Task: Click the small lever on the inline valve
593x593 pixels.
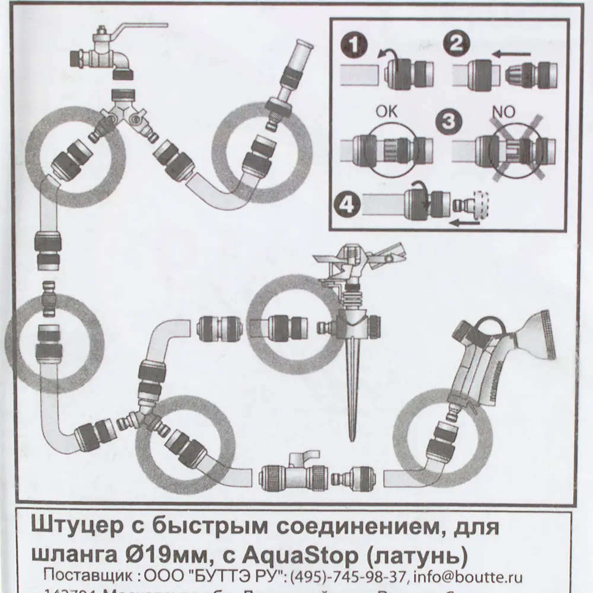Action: (298, 456)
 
